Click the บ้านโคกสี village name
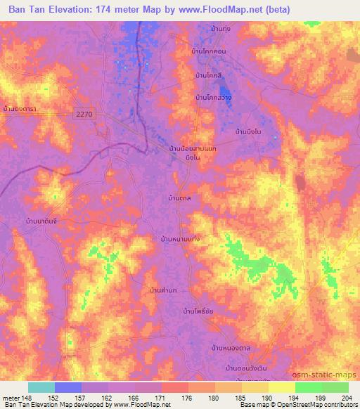(210, 74)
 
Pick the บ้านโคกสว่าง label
(214, 98)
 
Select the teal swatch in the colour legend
(41, 387)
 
